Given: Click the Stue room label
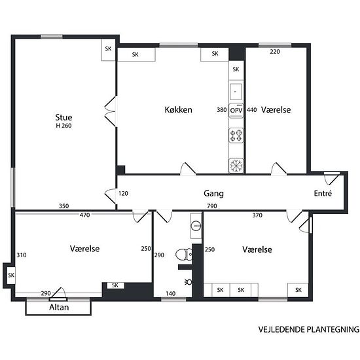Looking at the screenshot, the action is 63,117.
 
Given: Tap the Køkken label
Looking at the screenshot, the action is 179,109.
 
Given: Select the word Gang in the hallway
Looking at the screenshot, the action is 213,194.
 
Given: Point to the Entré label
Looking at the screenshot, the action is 323,193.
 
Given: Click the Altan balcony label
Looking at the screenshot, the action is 59,307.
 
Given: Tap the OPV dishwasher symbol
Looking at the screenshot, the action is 236,111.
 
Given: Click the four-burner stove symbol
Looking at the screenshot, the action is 236,135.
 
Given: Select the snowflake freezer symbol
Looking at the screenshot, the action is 236,166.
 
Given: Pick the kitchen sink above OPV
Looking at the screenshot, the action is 236,92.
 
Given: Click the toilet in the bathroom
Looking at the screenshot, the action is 184,255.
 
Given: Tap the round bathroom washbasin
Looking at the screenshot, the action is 196,226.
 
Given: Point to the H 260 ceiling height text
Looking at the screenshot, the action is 63,126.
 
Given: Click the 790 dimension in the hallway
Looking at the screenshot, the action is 211,206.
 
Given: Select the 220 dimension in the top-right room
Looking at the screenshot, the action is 275,52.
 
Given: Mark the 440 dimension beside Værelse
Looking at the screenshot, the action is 251,110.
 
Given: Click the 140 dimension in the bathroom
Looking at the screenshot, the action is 171,293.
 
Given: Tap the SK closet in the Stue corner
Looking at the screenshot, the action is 108,48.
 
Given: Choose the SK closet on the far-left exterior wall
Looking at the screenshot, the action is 11,275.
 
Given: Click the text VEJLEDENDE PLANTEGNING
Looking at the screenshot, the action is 309,329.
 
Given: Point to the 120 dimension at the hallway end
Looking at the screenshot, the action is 123,193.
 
